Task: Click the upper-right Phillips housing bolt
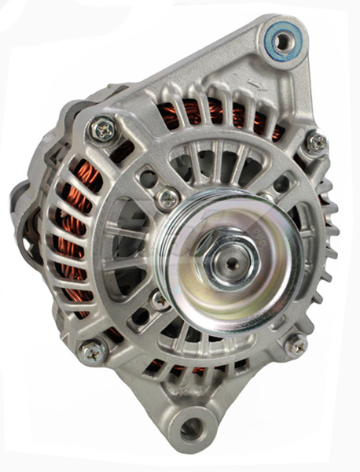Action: pos(317,142)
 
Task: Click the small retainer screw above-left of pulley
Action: pos(167,199)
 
